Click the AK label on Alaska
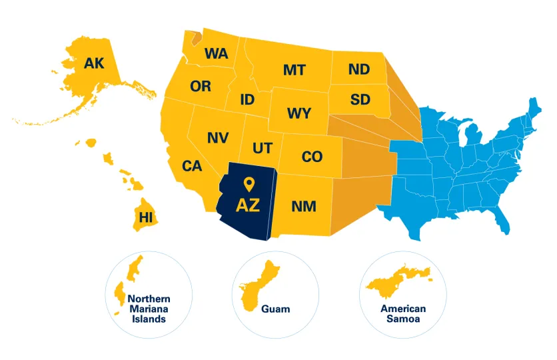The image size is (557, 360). pyautogui.click(x=94, y=63)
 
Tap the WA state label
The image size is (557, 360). pyautogui.click(x=216, y=53)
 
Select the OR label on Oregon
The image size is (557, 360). pyautogui.click(x=201, y=87)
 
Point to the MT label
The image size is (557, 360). pyautogui.click(x=294, y=69)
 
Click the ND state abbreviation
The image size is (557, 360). pyautogui.click(x=359, y=69)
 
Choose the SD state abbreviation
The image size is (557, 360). pyautogui.click(x=360, y=100)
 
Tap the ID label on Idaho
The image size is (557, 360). pyautogui.click(x=247, y=100)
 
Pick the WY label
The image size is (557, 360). pyautogui.click(x=299, y=113)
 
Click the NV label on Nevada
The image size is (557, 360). pyautogui.click(x=218, y=138)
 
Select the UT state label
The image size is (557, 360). pyautogui.click(x=262, y=147)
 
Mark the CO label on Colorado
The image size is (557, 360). pyautogui.click(x=312, y=157)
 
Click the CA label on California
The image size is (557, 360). pyautogui.click(x=192, y=166)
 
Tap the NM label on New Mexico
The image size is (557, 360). pyautogui.click(x=304, y=207)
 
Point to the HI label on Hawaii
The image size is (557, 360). pyautogui.click(x=145, y=217)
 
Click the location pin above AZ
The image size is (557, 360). pyautogui.click(x=249, y=184)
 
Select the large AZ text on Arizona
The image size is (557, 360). pyautogui.click(x=248, y=205)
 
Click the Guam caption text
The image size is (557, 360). pyautogui.click(x=275, y=309)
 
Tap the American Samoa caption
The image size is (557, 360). pyautogui.click(x=403, y=313)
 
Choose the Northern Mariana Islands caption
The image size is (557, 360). pyautogui.click(x=149, y=309)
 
